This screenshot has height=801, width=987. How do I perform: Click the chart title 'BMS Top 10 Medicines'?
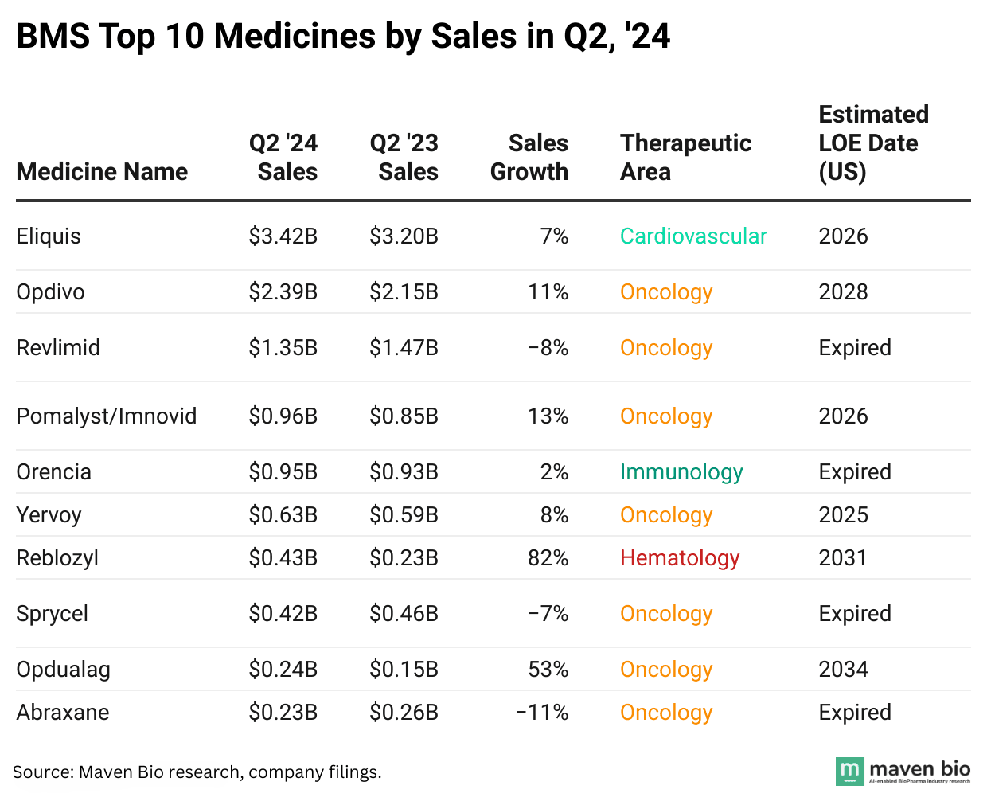tap(343, 37)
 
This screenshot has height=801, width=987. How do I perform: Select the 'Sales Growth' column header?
tap(529, 158)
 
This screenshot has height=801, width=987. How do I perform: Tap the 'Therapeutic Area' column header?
tap(685, 158)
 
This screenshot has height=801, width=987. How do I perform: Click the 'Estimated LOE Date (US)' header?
tap(873, 143)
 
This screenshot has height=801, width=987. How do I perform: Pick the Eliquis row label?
tap(49, 236)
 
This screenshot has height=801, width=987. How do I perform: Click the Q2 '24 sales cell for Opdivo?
tap(283, 292)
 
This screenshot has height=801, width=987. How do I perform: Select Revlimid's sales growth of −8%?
tap(548, 348)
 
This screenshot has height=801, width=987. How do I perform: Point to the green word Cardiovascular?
tap(693, 236)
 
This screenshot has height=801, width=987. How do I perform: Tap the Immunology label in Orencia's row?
tap(681, 472)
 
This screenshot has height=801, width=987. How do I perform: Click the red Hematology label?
tap(680, 558)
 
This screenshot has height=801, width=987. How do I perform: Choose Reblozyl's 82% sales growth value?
tap(548, 558)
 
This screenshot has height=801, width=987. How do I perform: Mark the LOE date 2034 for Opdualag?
tap(843, 670)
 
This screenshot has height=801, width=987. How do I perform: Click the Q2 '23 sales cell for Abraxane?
tap(404, 713)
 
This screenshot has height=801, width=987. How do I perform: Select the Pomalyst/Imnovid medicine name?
tap(107, 416)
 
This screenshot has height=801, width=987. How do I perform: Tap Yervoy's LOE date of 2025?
tap(843, 515)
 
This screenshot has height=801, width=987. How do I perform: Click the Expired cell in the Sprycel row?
tap(855, 614)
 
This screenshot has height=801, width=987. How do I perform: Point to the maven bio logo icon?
tap(849, 771)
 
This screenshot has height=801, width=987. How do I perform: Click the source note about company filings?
tap(197, 772)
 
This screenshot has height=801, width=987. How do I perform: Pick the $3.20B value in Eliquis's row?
tap(404, 236)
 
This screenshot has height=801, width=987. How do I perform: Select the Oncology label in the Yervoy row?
tap(666, 515)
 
